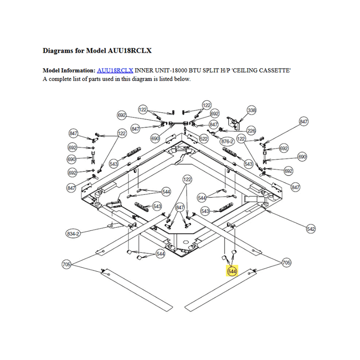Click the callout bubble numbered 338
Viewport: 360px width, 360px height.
[x=252, y=110]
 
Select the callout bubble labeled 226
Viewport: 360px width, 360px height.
[x=251, y=131]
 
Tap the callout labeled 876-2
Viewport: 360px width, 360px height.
[x=227, y=141]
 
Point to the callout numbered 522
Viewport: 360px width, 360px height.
[x=204, y=139]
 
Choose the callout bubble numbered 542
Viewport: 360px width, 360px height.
[x=311, y=229]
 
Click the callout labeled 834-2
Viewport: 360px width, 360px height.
[x=73, y=234]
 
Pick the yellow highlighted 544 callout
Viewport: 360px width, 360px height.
[x=232, y=271]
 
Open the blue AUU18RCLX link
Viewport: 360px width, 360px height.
[x=115, y=71]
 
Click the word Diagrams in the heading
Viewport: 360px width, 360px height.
[x=58, y=51]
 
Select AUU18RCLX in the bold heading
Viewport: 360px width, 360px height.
[x=130, y=51]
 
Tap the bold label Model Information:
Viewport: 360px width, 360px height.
[x=69, y=71]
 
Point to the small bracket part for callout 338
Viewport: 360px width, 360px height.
[x=234, y=121]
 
